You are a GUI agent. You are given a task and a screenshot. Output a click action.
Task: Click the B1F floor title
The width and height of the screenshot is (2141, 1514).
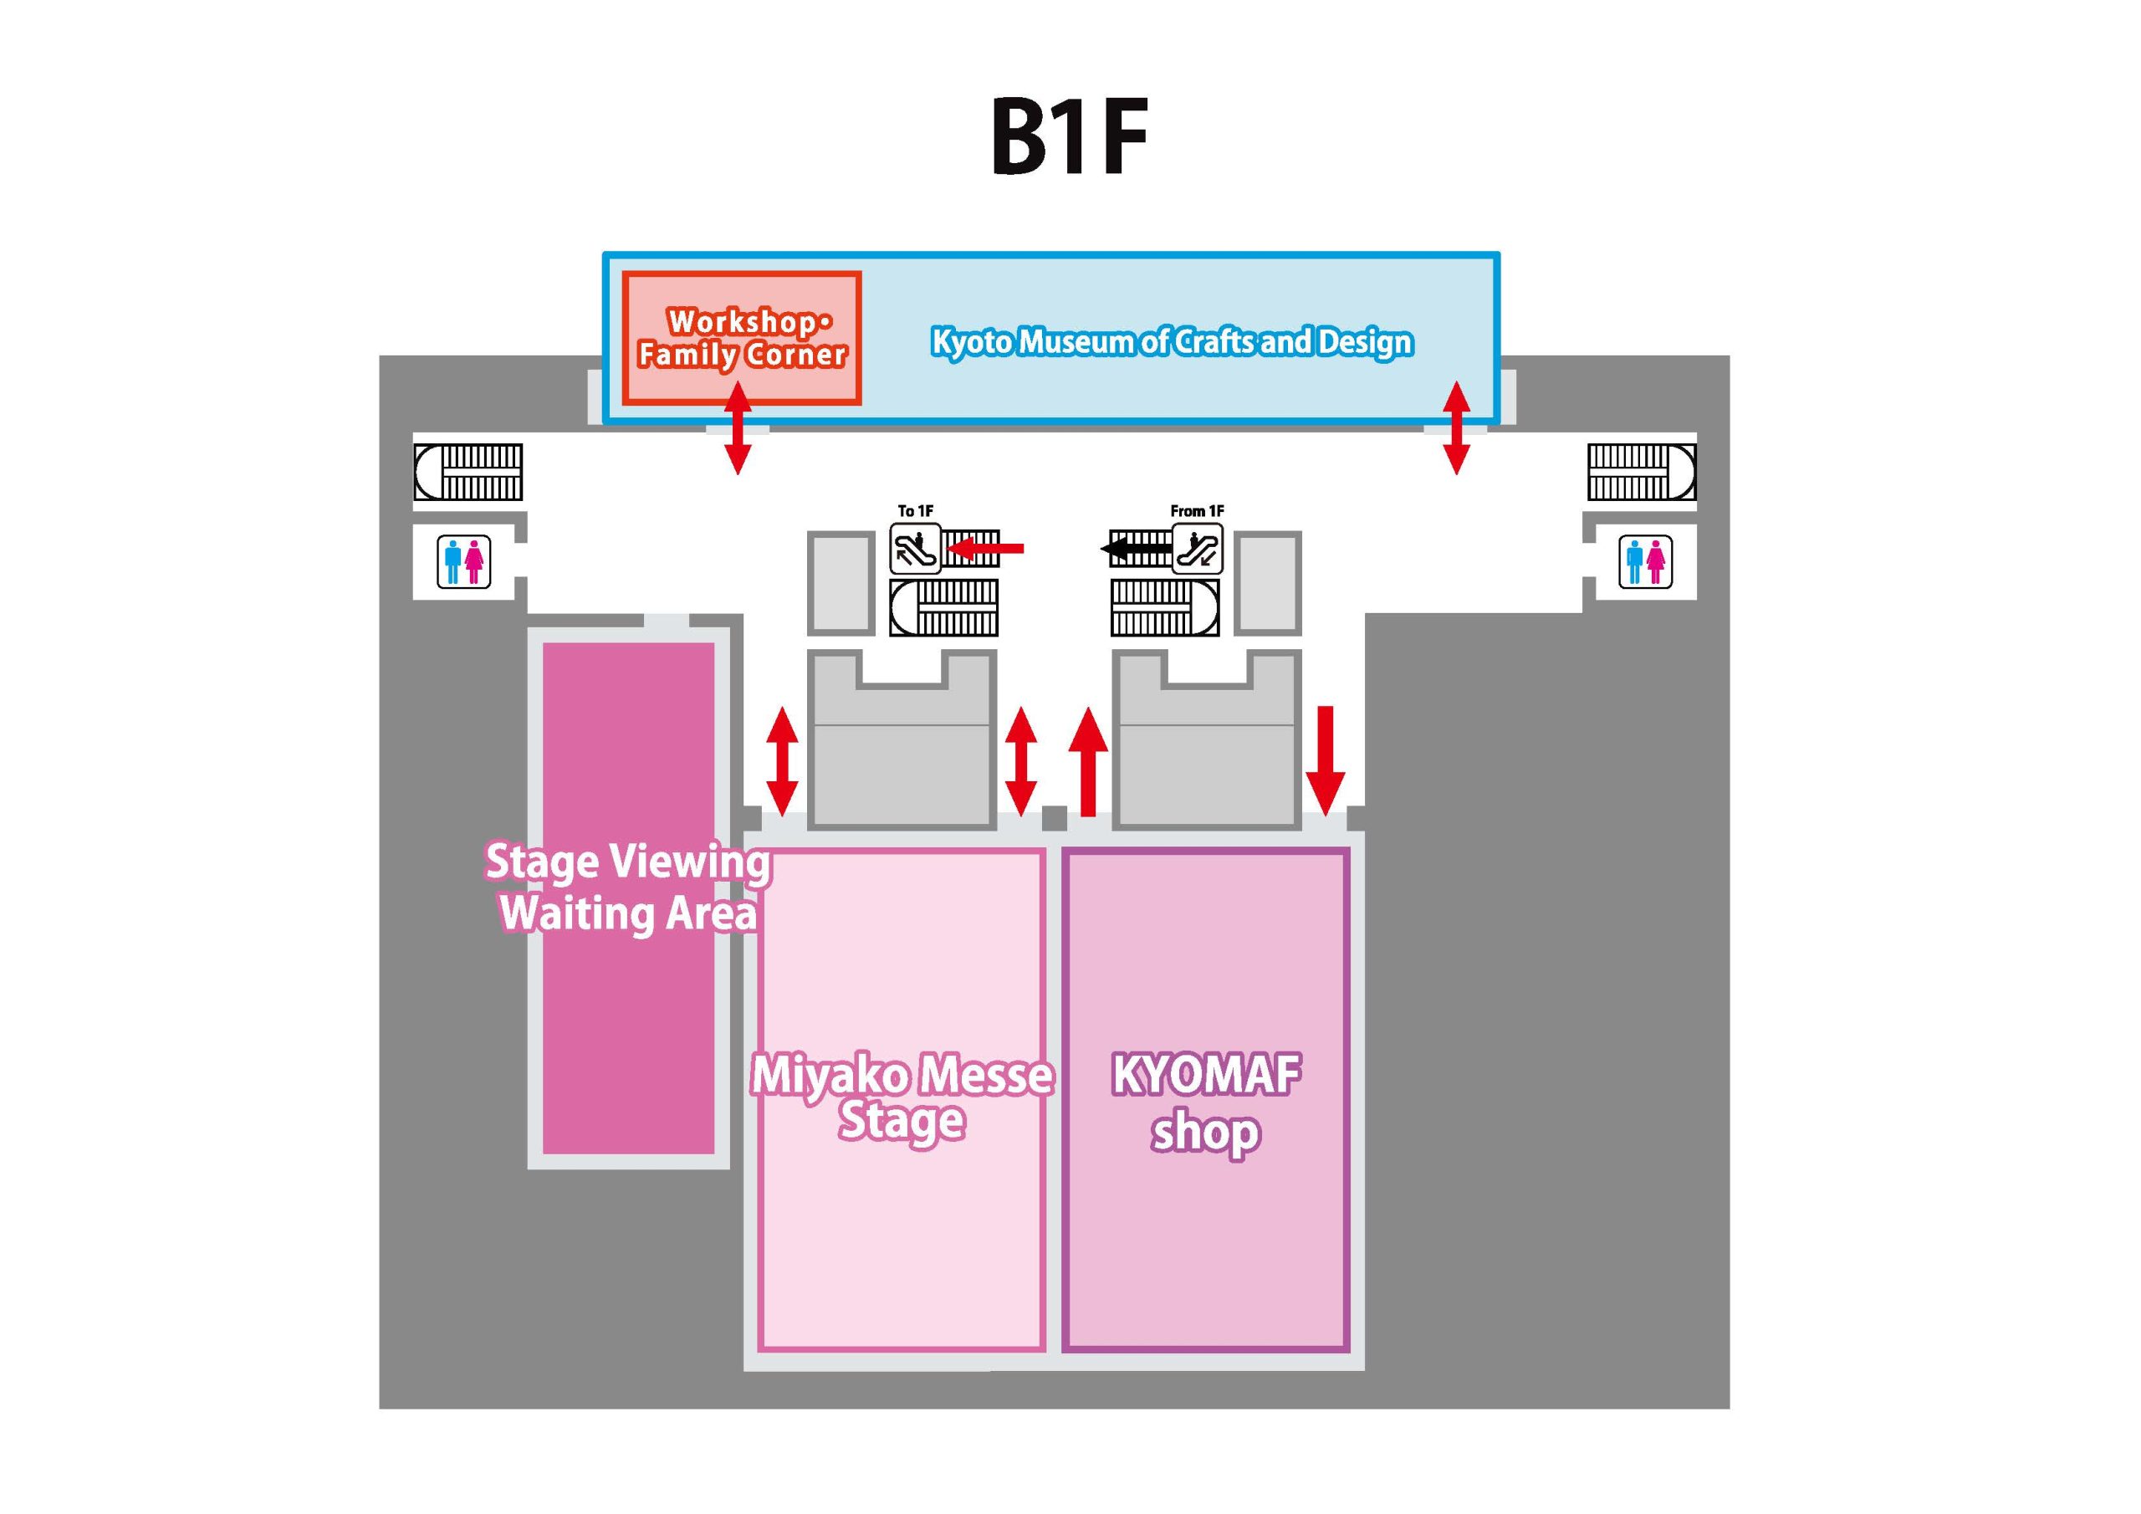tap(1069, 139)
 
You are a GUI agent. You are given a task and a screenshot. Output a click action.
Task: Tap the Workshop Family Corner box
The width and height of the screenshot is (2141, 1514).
tap(741, 339)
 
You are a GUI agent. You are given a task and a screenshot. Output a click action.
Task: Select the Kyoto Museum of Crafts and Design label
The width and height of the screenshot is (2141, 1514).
tap(1173, 342)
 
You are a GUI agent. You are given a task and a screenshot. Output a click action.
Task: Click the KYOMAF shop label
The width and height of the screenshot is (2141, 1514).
tap(1206, 1103)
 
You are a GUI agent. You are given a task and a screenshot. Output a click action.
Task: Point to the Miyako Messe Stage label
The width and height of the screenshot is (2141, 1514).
tap(902, 1099)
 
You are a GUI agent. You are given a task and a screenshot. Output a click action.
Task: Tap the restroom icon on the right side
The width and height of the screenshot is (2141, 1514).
tap(1645, 561)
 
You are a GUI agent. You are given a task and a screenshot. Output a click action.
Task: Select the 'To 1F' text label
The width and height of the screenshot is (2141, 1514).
tap(915, 511)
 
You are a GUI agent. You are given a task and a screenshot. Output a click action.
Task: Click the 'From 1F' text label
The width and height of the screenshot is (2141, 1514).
tap(1198, 511)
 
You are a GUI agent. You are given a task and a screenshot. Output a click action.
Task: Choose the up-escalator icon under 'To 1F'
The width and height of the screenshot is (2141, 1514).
tap(915, 549)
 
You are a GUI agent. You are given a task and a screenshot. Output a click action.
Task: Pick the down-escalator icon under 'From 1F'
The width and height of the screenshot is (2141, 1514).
tap(1198, 548)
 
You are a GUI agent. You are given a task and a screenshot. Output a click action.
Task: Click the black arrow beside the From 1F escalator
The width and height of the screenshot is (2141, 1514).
tap(1136, 549)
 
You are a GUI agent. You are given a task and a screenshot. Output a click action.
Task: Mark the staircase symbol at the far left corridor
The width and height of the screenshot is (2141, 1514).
tap(468, 472)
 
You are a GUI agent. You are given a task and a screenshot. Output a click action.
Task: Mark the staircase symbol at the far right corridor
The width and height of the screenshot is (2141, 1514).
tap(1642, 472)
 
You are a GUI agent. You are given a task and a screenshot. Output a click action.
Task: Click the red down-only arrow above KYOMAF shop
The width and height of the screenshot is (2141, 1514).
tap(1325, 760)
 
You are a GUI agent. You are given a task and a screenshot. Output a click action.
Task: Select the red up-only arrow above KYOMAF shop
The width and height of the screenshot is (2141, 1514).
tap(1087, 761)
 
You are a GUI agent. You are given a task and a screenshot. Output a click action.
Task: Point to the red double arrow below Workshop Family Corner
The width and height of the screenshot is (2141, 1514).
tap(738, 428)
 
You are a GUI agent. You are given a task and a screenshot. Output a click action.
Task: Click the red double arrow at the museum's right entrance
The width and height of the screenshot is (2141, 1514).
tap(1457, 428)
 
